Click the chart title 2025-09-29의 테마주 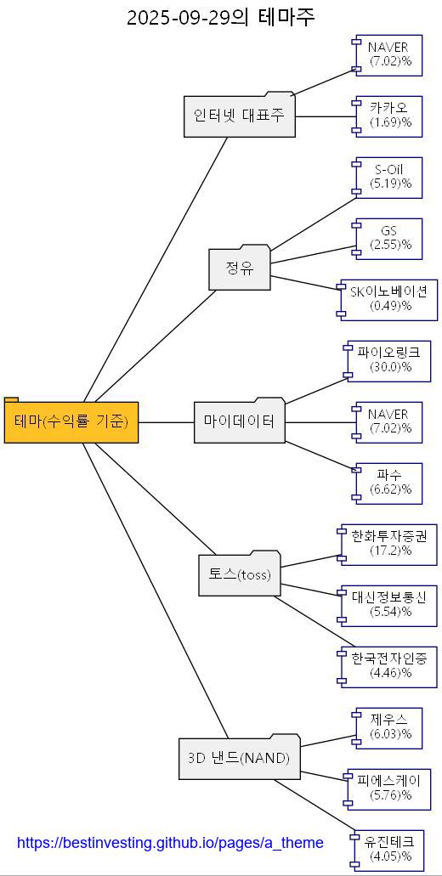pos(220,17)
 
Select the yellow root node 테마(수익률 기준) pos(71,421)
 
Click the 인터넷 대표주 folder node pos(240,116)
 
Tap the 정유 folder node pos(240,269)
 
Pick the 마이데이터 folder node pos(240,421)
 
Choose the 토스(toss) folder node pos(240,575)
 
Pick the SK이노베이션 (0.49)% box pos(390,299)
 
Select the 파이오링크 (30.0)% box pos(390,360)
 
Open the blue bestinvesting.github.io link pos(170,843)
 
